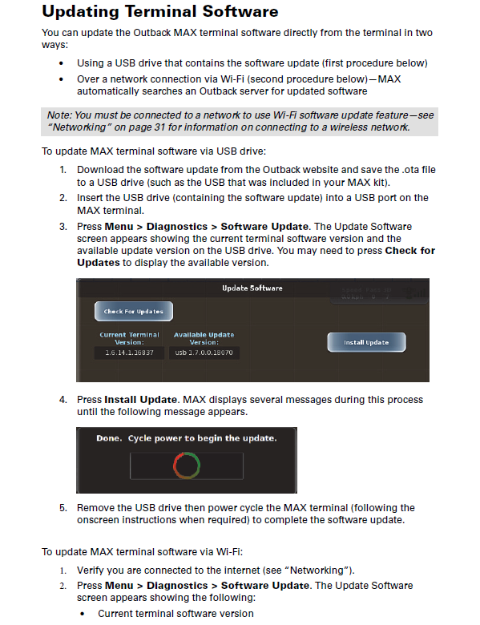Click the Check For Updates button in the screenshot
pyautogui.click(x=133, y=312)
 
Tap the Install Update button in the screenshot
pyautogui.click(x=366, y=342)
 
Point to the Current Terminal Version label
pyautogui.click(x=129, y=338)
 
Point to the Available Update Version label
pyautogui.click(x=204, y=338)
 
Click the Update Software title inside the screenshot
pyautogui.click(x=252, y=288)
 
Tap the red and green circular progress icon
pyautogui.click(x=186, y=466)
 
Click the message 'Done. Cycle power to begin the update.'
pyautogui.click(x=186, y=438)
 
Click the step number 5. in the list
pyautogui.click(x=63, y=508)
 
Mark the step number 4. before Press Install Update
pyautogui.click(x=63, y=400)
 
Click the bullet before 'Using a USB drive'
pyautogui.click(x=63, y=63)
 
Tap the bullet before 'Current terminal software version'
pyautogui.click(x=83, y=614)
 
